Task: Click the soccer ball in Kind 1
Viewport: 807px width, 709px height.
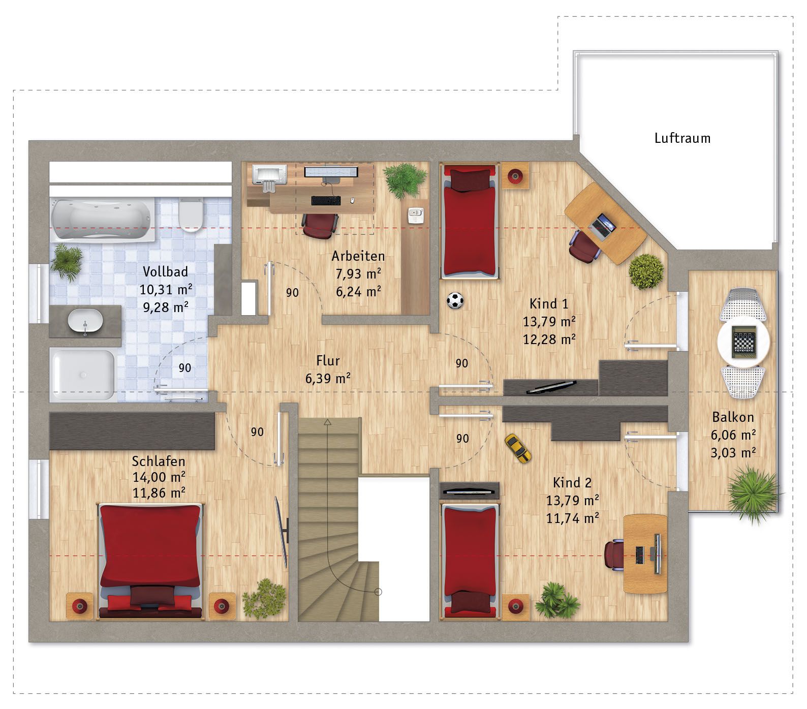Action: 455,300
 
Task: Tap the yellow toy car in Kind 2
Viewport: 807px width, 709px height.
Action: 518,448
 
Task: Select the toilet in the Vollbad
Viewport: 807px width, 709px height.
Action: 191,215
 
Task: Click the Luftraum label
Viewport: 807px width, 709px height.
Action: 682,138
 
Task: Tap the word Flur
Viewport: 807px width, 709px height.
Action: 328,361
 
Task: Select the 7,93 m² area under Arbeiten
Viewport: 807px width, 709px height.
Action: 358,273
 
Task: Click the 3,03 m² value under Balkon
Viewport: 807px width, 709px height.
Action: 733,452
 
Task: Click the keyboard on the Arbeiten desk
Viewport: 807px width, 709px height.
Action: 326,201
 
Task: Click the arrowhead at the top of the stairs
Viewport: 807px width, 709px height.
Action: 328,422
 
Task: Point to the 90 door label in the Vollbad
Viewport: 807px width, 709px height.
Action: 185,368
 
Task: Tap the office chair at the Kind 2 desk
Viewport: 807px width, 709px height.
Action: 614,555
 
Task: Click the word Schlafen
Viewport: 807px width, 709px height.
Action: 159,461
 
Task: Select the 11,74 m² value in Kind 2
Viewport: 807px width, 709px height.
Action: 572,518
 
